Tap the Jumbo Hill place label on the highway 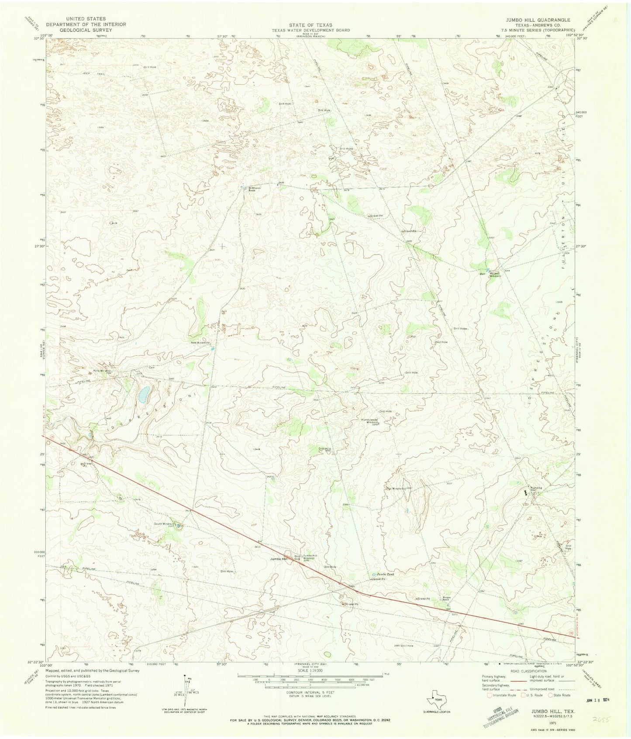[279, 559]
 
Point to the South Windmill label [164, 524]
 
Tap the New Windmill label [200, 343]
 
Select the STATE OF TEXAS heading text [314, 25]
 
